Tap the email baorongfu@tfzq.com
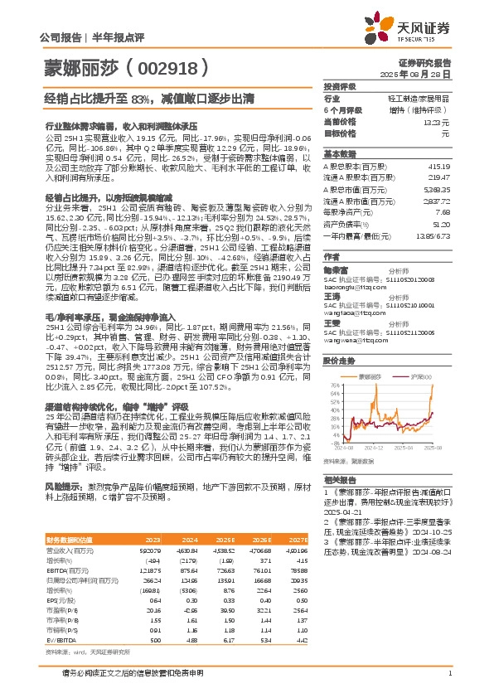[x=348, y=290]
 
